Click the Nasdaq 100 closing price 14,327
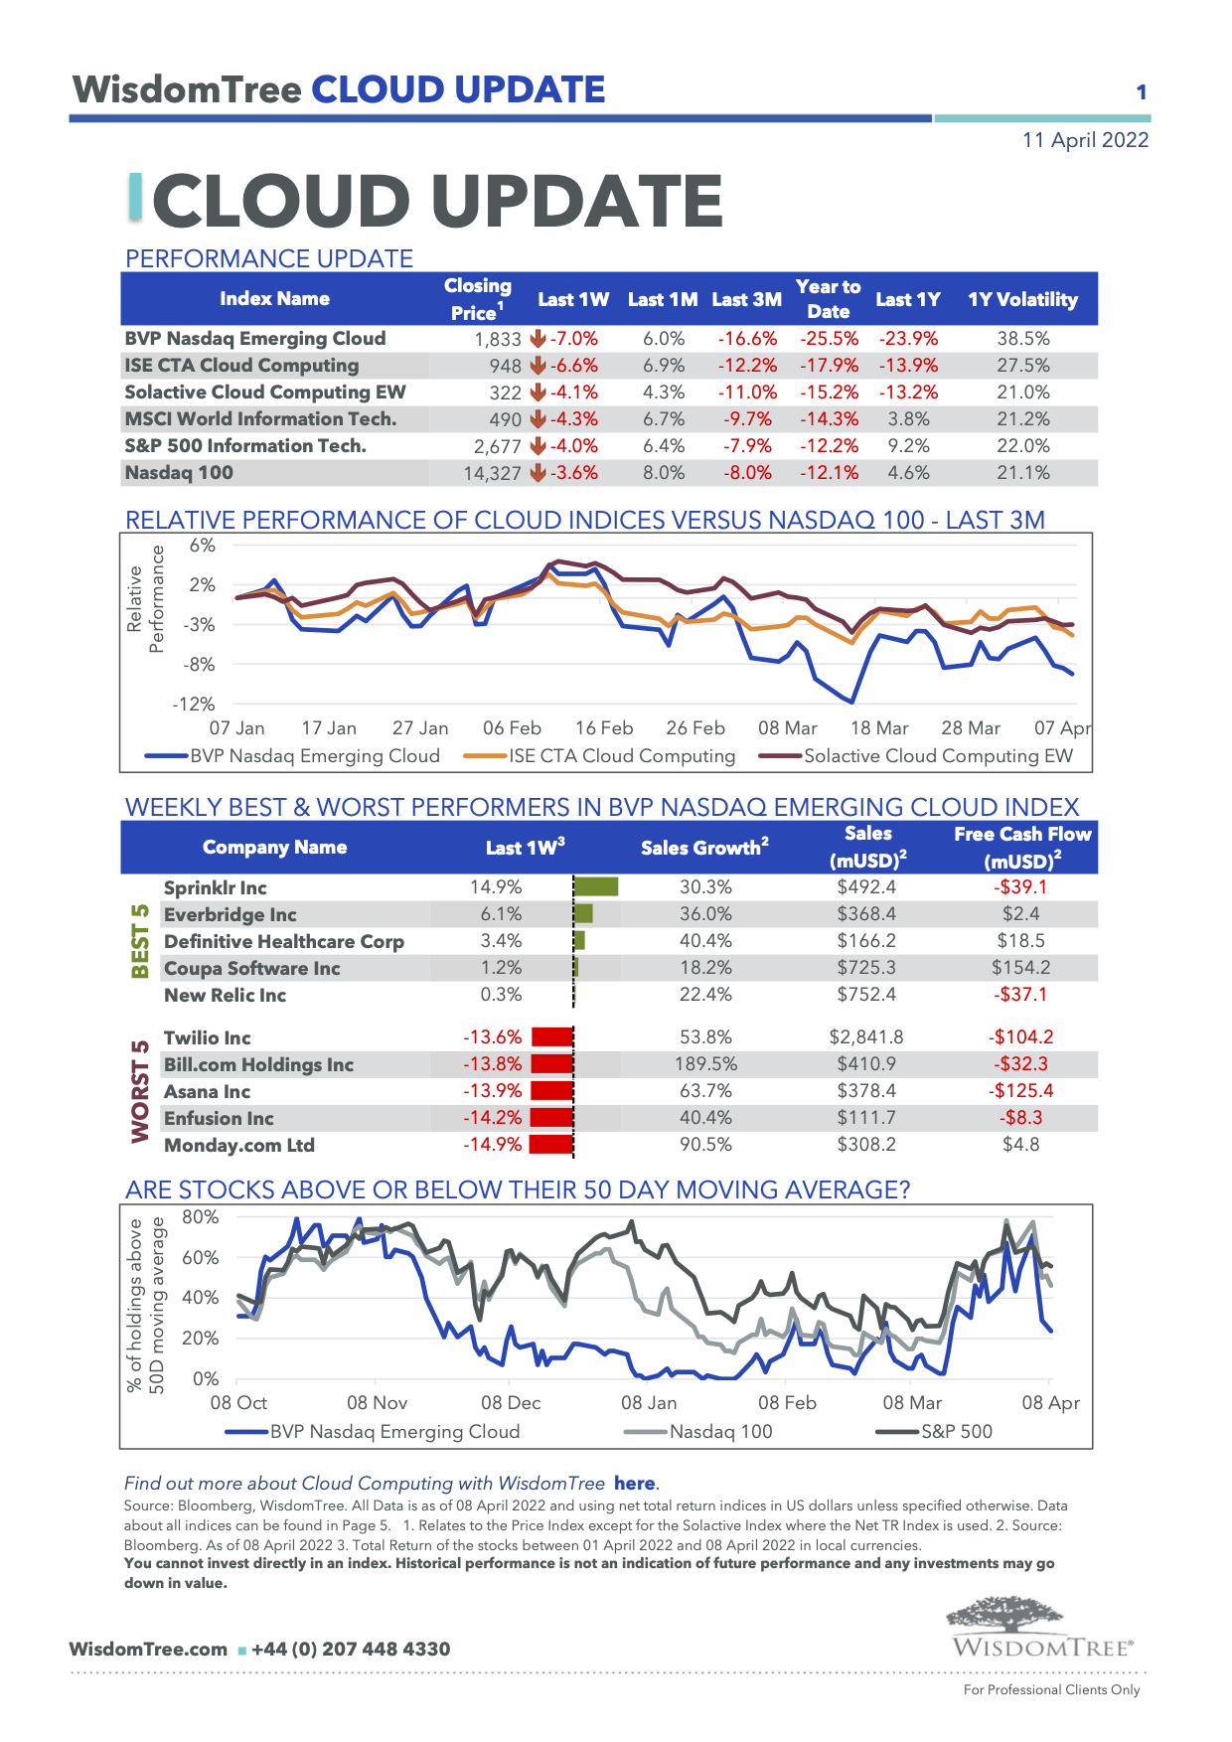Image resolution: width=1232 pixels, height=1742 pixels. click(x=492, y=473)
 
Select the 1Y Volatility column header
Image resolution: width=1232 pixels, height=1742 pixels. click(x=1022, y=299)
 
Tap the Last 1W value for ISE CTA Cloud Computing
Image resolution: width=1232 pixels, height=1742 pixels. click(x=573, y=366)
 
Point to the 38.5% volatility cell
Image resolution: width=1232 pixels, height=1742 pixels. click(x=1022, y=339)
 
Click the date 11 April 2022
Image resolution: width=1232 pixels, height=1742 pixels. click(x=1085, y=140)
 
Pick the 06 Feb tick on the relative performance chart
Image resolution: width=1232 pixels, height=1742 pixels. click(x=512, y=728)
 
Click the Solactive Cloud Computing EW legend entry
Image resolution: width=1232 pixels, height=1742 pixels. click(x=937, y=756)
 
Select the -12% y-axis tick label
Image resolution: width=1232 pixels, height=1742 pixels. click(x=194, y=705)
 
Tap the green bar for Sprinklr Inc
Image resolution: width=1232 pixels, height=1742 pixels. click(x=596, y=886)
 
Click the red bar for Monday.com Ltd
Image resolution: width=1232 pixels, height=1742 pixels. click(x=550, y=1145)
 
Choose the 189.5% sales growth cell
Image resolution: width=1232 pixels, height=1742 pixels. click(x=705, y=1064)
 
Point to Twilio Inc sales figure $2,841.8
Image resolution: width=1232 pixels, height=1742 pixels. click(x=866, y=1037)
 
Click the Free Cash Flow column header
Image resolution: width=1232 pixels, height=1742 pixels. click(x=1022, y=847)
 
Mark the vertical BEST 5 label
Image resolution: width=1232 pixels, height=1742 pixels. click(x=141, y=940)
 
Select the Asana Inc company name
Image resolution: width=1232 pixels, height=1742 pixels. click(x=207, y=1091)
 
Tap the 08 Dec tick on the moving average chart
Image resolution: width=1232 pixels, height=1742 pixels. click(x=511, y=1403)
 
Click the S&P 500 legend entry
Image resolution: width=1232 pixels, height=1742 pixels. click(x=956, y=1432)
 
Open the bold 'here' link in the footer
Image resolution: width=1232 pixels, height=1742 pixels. click(x=634, y=1484)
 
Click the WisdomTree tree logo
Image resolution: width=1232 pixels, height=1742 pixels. click(x=1004, y=1615)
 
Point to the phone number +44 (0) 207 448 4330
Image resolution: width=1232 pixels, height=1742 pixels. click(x=351, y=1650)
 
